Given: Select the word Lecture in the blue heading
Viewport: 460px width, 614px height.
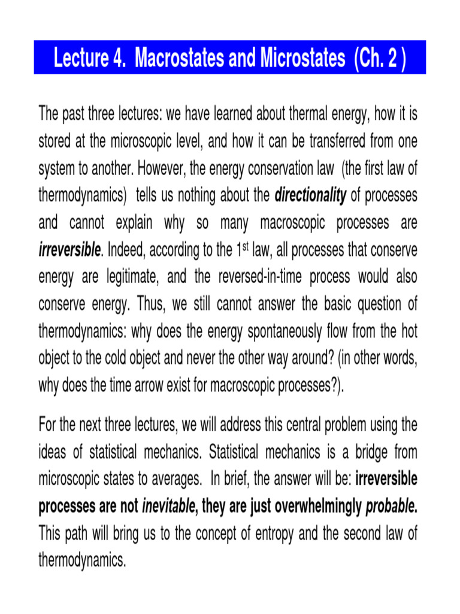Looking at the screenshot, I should point(80,59).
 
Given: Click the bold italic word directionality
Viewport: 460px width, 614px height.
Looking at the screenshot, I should point(311,197).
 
